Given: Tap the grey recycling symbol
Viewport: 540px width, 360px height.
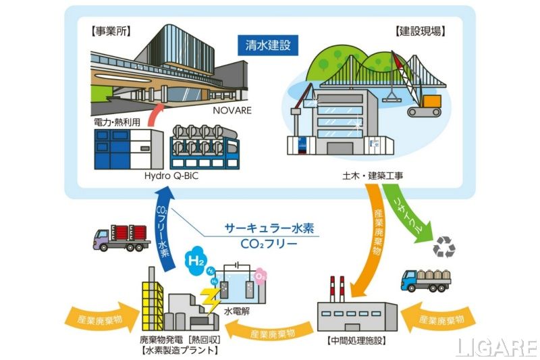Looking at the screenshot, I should click(443, 247).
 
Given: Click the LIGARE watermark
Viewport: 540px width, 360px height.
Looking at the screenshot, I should click(496, 346).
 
